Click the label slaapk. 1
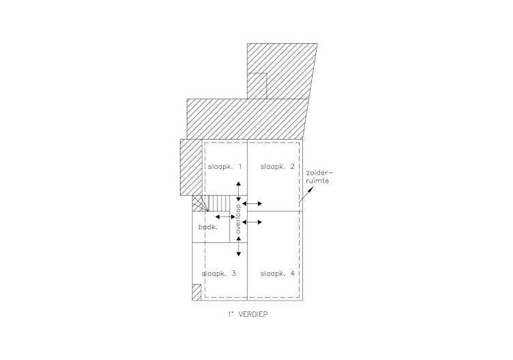(x=225, y=166)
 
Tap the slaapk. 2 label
(x=278, y=166)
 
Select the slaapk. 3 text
(x=219, y=274)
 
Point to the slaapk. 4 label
(x=278, y=274)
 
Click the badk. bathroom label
(x=208, y=227)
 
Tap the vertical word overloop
(x=238, y=219)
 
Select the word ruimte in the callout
(x=317, y=181)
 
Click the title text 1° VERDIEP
(x=248, y=314)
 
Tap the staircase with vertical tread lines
(x=218, y=203)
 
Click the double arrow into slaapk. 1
(x=239, y=192)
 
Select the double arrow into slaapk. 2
(x=252, y=203)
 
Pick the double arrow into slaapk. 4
(x=252, y=222)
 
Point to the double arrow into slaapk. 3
(x=239, y=246)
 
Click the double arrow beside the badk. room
(x=225, y=217)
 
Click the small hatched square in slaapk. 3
(x=196, y=292)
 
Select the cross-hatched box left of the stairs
(x=200, y=203)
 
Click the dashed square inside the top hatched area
(x=257, y=86)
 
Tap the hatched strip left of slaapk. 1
(x=191, y=167)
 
